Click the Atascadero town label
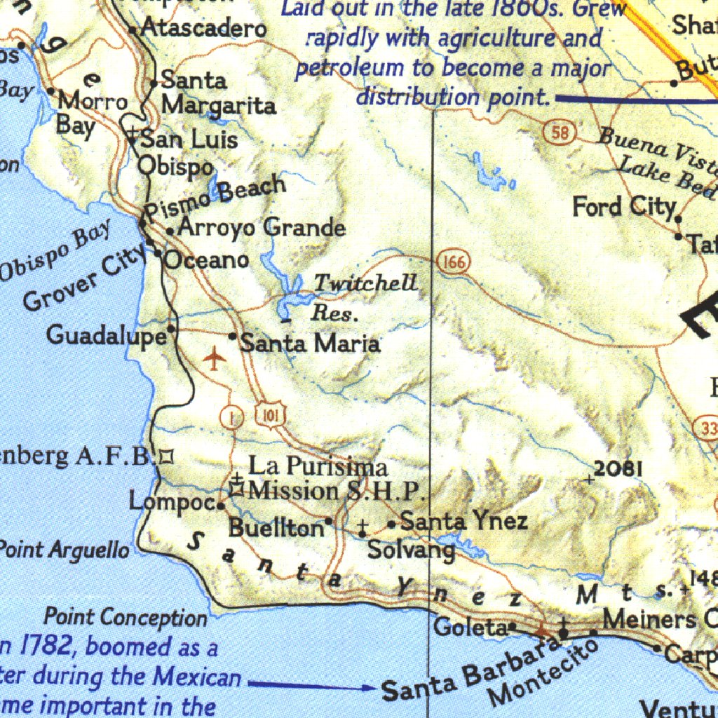pos(203,29)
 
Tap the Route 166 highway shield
pos(453,263)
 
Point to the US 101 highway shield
pos(271,416)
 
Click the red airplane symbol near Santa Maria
pos(214,360)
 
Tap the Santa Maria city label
pos(310,344)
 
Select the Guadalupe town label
pos(107,336)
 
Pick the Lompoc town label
pos(171,502)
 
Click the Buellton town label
pos(276,527)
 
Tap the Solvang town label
pos(411,550)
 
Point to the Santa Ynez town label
pos(463,522)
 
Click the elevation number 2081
pos(618,468)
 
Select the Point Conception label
pos(126,618)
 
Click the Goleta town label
pos(470,627)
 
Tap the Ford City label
pos(623,208)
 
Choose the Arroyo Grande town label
pos(262,228)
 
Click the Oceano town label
pos(206,260)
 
